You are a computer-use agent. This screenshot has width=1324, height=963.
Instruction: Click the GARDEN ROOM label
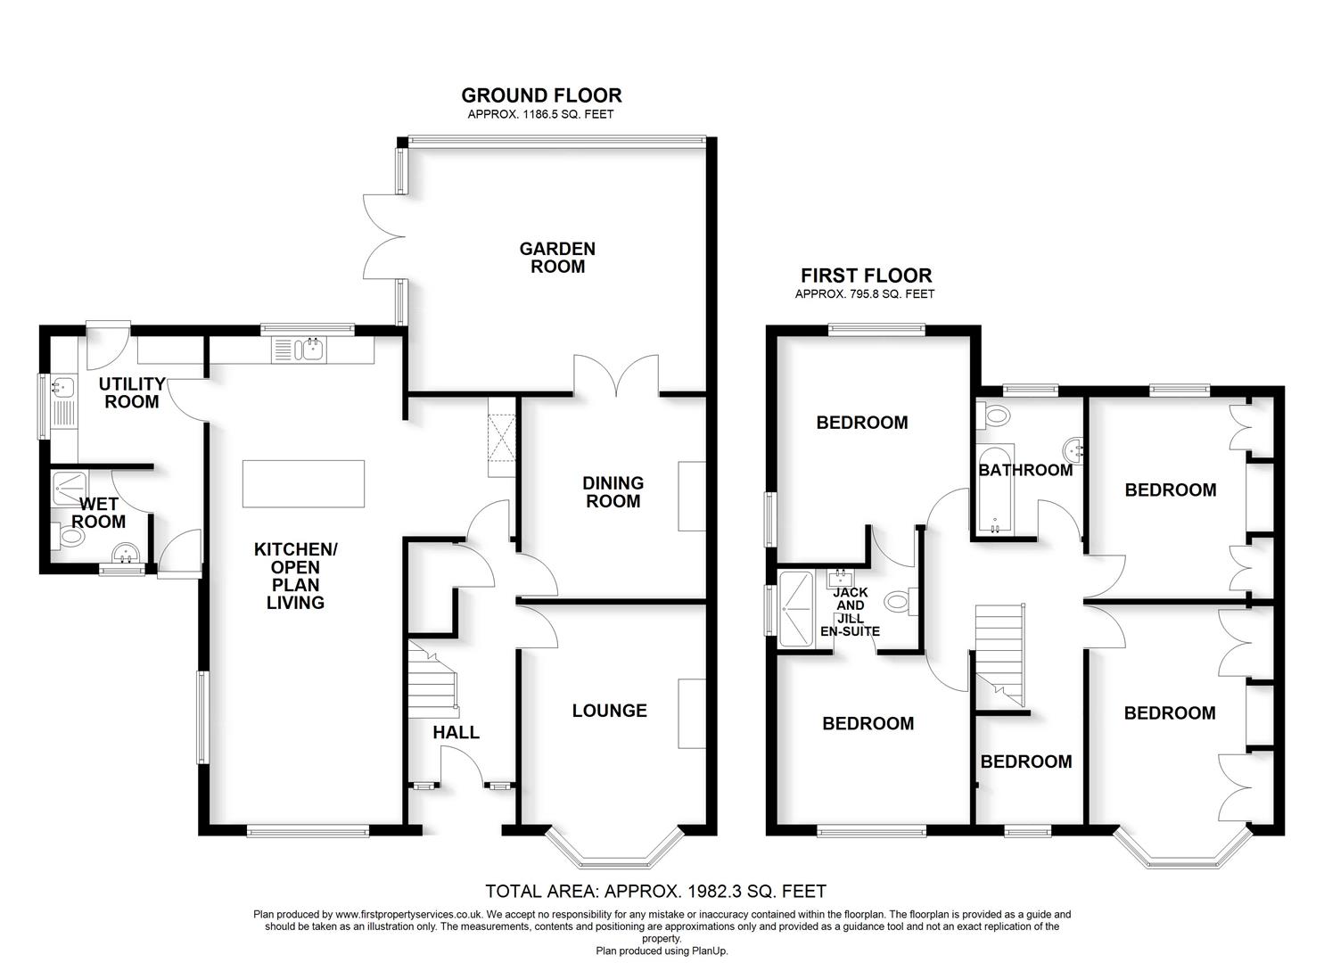tap(557, 257)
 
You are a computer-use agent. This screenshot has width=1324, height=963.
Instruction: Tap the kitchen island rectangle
tap(303, 483)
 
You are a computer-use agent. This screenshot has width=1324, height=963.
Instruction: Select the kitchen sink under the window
tap(301, 350)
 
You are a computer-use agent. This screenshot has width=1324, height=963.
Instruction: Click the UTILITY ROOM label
tap(132, 392)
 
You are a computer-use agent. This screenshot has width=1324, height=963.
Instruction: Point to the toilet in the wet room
tap(70, 537)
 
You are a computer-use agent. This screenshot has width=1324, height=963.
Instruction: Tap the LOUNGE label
tap(609, 711)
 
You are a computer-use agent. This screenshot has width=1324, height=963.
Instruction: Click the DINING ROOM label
tap(613, 491)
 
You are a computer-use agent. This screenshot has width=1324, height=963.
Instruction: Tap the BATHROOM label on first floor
tap(1025, 470)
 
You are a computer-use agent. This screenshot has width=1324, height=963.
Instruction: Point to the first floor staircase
tap(1000, 651)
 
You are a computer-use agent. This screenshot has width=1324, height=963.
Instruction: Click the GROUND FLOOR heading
tap(541, 95)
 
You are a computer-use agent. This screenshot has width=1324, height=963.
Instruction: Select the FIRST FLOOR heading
tap(866, 276)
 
